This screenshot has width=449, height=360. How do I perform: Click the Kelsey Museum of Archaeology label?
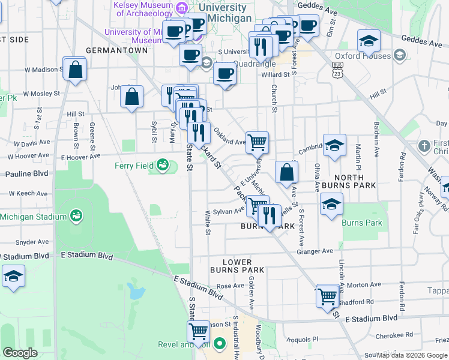click(x=144, y=8)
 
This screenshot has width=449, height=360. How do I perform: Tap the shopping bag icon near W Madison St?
click(x=76, y=70)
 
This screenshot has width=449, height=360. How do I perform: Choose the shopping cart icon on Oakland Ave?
click(x=257, y=142)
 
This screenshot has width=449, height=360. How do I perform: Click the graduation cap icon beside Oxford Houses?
click(x=369, y=41)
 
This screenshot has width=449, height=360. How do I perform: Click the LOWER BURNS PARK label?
click(x=243, y=266)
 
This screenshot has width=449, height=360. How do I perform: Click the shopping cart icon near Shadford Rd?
click(x=327, y=296)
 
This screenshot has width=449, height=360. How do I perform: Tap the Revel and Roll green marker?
click(x=220, y=344)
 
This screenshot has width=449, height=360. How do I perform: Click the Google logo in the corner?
click(x=20, y=353)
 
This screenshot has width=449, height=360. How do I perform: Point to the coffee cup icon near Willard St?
click(x=225, y=74)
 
